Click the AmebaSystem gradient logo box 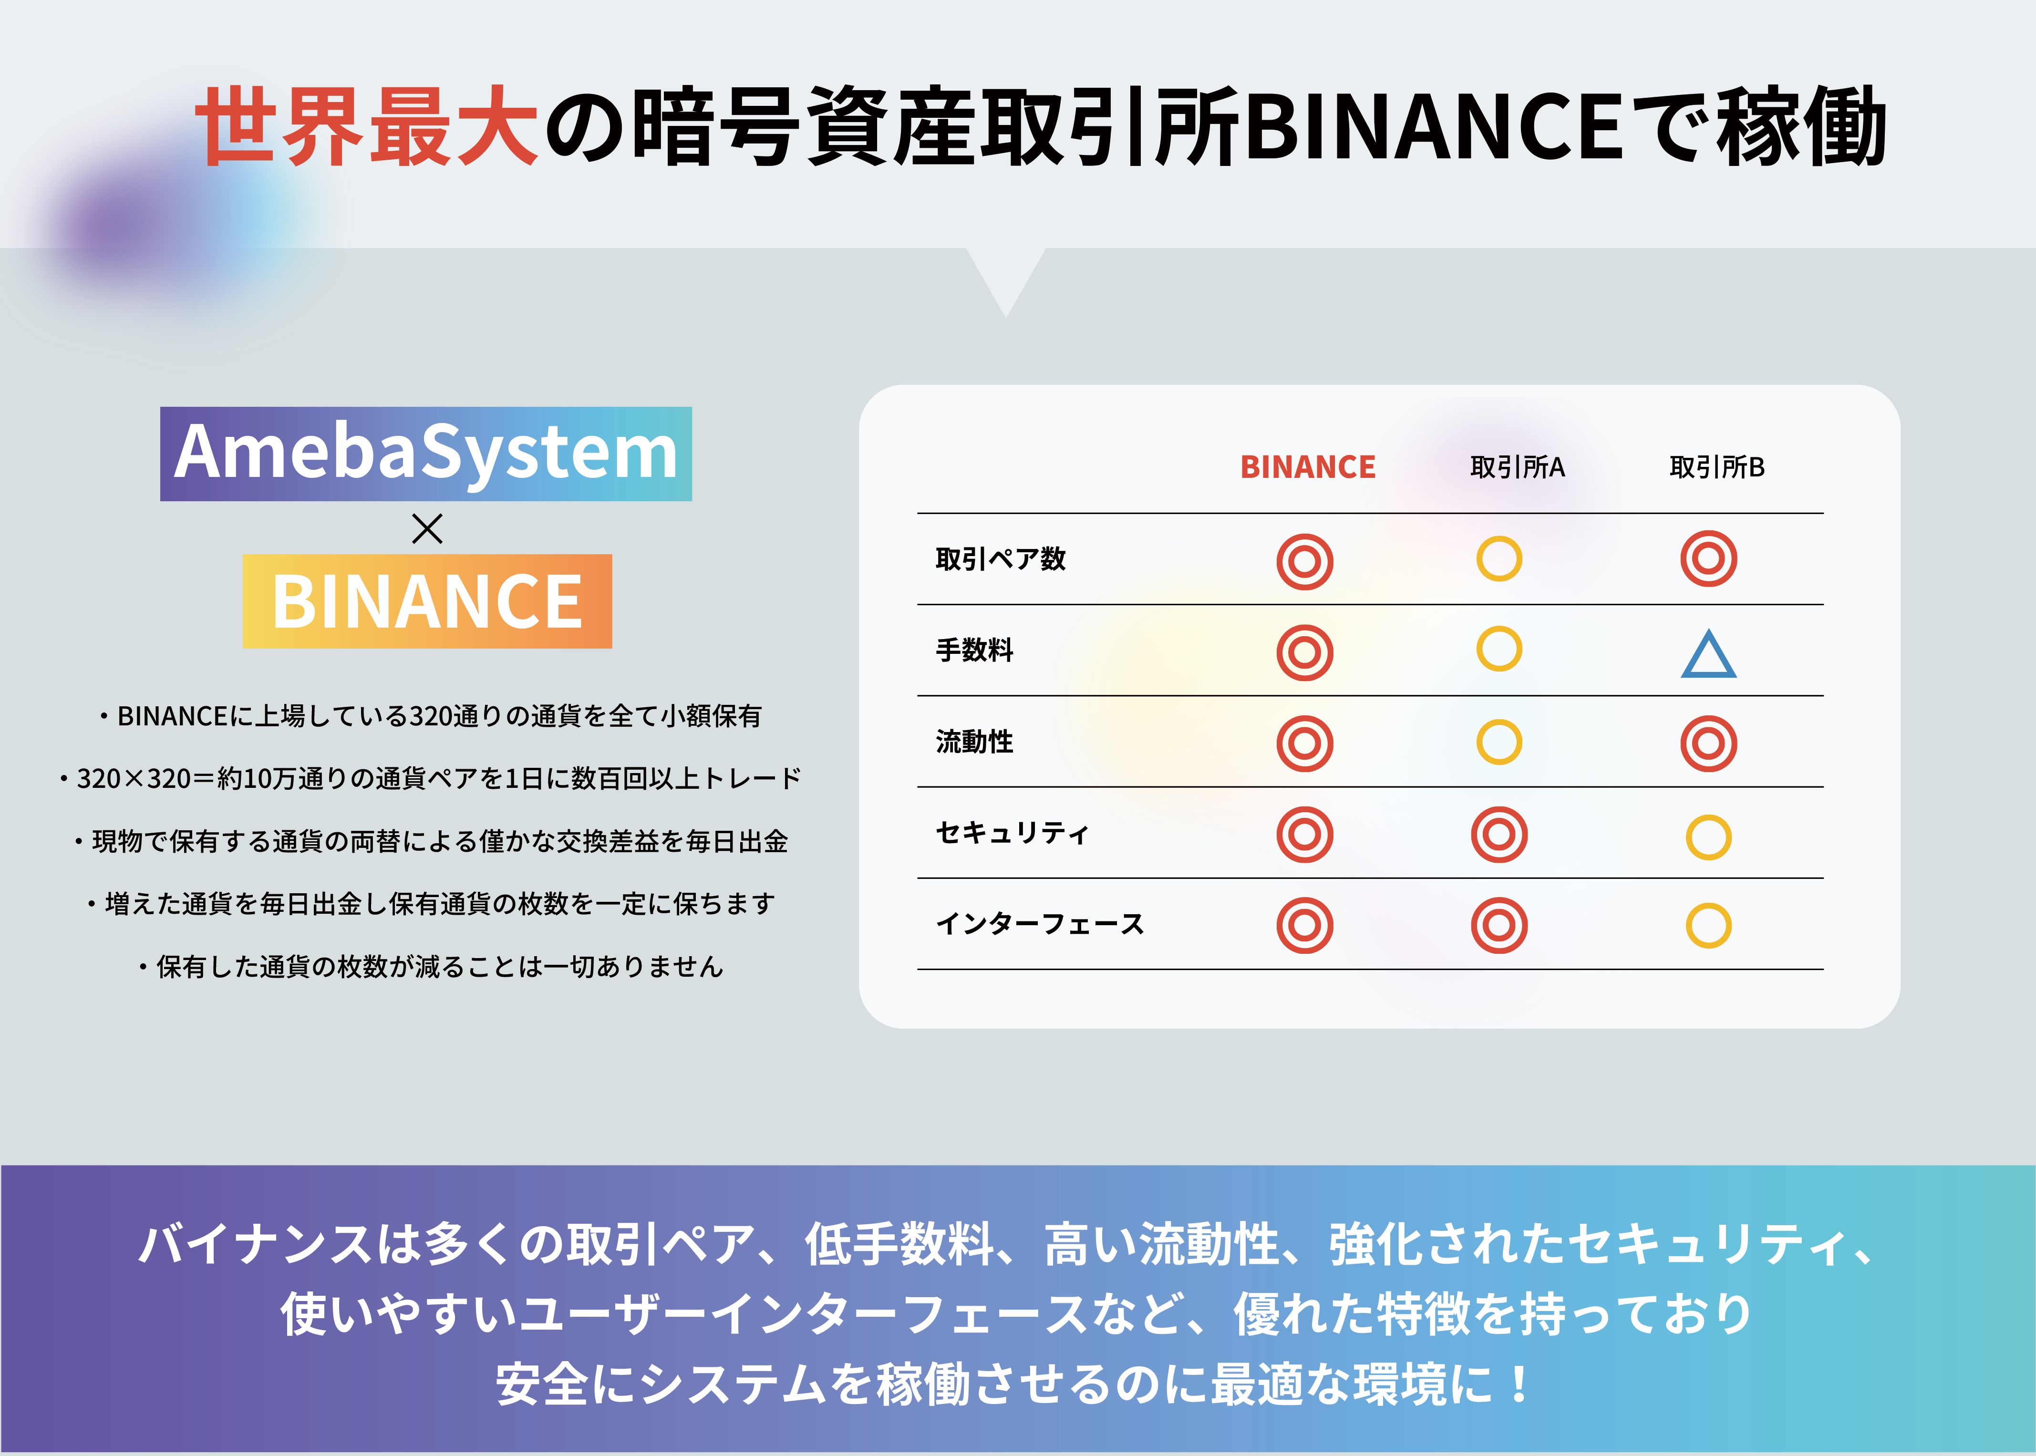(426, 454)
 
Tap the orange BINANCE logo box (428, 601)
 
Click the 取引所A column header (1517, 467)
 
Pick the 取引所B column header (1717, 467)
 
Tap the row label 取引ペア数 (1001, 558)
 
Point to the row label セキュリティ (1012, 833)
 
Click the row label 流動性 (974, 742)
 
